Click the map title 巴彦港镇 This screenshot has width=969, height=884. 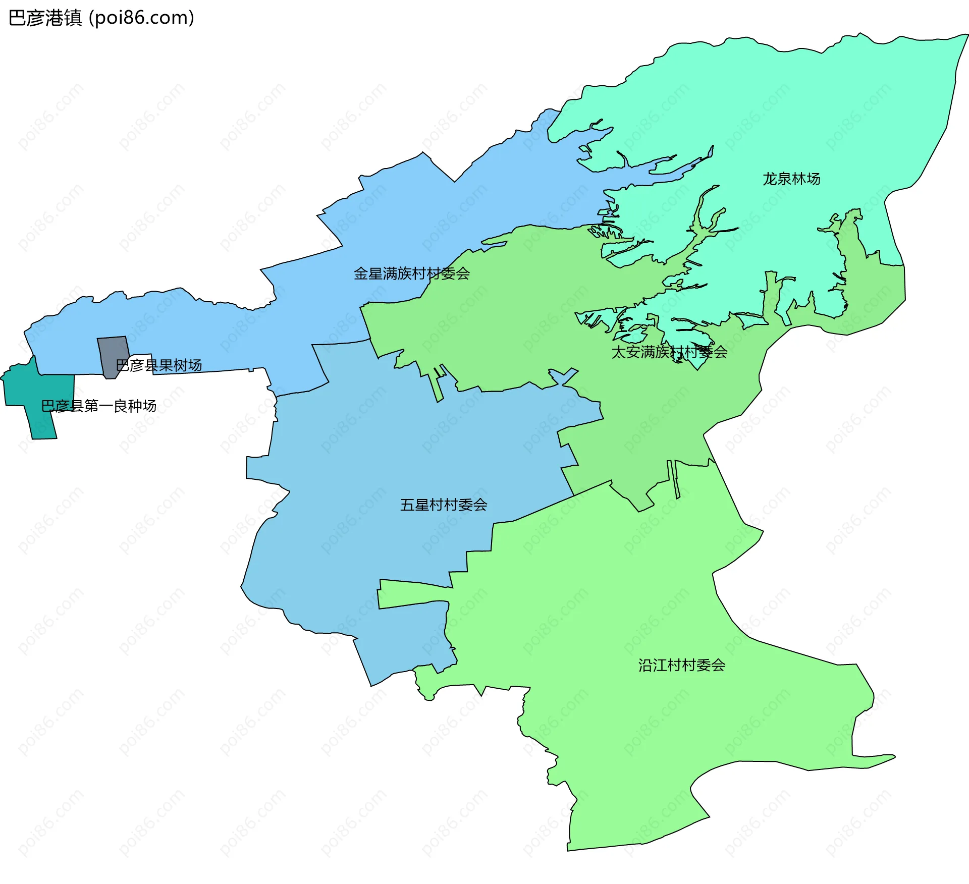tap(45, 18)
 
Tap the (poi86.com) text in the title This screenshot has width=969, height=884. tap(141, 18)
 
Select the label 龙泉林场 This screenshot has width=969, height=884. tap(791, 179)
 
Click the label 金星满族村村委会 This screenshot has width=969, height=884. tap(411, 273)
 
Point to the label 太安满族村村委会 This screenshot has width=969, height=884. tap(669, 352)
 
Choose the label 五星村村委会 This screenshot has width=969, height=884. tap(443, 505)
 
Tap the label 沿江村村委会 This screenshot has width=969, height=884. tap(681, 665)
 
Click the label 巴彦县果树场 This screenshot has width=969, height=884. tap(159, 365)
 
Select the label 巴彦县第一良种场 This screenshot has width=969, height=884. tap(98, 406)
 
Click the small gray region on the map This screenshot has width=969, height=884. tap(112, 353)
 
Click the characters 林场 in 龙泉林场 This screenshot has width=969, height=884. tap(805, 179)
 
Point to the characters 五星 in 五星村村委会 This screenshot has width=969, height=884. tap(414, 505)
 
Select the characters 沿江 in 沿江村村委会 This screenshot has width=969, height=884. tap(653, 665)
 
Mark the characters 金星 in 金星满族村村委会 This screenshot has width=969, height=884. tap(368, 273)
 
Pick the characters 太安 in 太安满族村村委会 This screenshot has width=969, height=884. tap(626, 352)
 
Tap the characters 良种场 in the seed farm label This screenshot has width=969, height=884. tap(135, 406)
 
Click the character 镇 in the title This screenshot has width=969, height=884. tap(73, 18)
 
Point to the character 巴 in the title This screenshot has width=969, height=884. tap(18, 18)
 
